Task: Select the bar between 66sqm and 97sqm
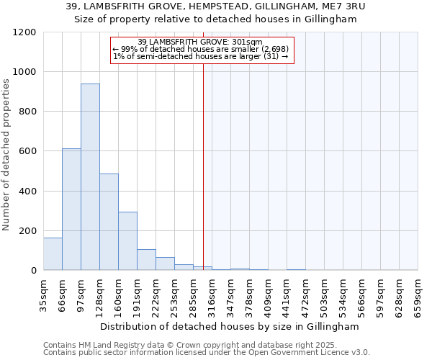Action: (71, 209)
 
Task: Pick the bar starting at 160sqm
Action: (127, 240)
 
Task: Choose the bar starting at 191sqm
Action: (146, 259)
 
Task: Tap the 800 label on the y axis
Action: (28, 112)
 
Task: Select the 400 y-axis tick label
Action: (28, 191)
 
